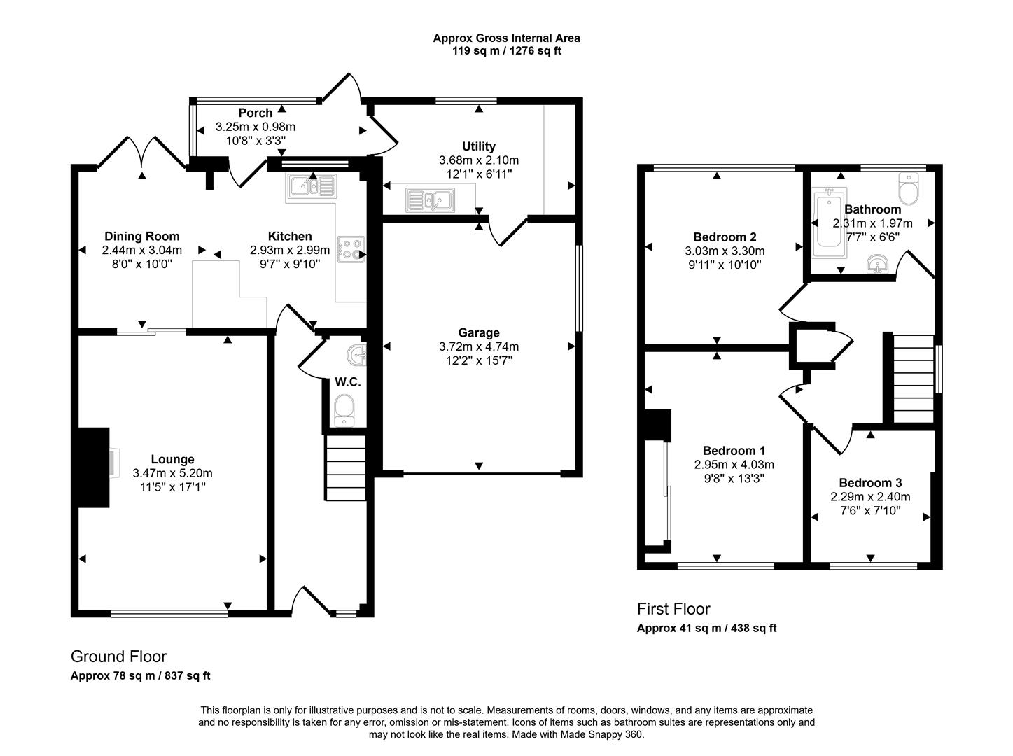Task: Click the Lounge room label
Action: click(172, 460)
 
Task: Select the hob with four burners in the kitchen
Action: click(351, 250)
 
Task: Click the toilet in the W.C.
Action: click(344, 409)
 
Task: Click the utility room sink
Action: click(429, 201)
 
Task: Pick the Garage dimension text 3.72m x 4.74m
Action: click(479, 346)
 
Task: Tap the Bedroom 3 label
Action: click(870, 483)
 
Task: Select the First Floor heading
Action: click(673, 609)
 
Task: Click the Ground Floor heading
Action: click(118, 657)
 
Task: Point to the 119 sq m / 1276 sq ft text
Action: click(506, 51)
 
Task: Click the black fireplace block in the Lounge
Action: click(94, 467)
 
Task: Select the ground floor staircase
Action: click(345, 468)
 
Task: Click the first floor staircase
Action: click(914, 379)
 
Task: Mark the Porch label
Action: click(255, 113)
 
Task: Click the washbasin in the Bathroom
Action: click(876, 265)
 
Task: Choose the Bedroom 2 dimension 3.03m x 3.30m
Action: click(725, 251)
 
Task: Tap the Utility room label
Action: click(479, 146)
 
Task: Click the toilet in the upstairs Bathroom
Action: click(908, 187)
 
